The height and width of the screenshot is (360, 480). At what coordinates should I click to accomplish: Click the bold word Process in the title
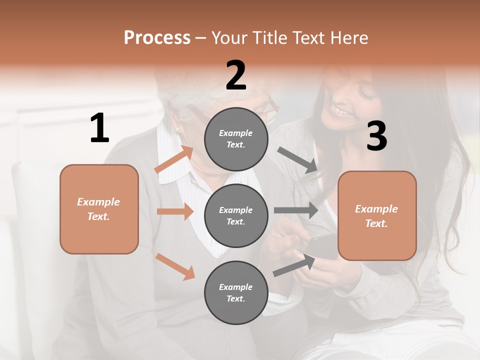tap(157, 38)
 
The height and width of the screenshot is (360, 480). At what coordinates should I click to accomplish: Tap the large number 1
tap(99, 128)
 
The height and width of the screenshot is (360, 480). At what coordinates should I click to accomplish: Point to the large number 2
tap(236, 75)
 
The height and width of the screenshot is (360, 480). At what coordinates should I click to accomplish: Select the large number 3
tap(376, 136)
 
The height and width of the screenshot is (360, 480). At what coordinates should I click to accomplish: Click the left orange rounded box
tap(99, 209)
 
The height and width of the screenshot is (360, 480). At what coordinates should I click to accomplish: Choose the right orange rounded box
tap(377, 215)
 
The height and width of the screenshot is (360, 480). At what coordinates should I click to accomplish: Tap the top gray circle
tap(236, 139)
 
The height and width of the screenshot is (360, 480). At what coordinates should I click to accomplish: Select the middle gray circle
tap(236, 215)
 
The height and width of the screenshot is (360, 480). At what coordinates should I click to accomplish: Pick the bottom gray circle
tap(236, 292)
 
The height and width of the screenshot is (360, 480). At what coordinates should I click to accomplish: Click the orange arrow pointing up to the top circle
tap(174, 159)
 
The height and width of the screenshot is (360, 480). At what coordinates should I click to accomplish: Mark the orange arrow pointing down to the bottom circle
tap(175, 266)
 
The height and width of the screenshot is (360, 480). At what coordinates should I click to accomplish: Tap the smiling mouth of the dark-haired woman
tap(342, 111)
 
